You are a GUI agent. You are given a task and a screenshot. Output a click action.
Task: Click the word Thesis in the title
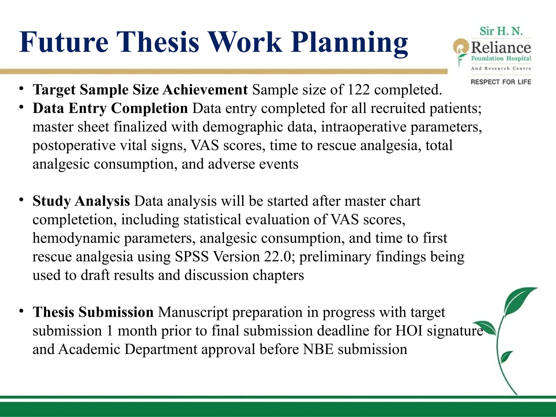coord(158,42)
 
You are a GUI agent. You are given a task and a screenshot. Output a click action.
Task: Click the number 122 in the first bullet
coord(358,90)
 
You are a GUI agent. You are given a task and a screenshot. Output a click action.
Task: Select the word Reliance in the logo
coord(501,48)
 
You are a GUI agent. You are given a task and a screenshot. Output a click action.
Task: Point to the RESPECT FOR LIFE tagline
coord(501,82)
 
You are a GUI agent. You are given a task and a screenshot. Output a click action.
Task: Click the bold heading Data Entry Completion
coord(110,108)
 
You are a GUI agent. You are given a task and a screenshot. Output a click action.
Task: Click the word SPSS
coord(192,257)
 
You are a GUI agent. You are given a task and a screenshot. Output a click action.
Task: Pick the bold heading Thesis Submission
coord(93,312)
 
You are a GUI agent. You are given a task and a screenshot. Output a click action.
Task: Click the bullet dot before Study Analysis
coord(21,200)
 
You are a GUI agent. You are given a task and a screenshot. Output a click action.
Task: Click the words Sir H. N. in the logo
coord(501,31)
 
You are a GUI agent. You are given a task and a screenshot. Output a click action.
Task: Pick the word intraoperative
coord(364,127)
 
